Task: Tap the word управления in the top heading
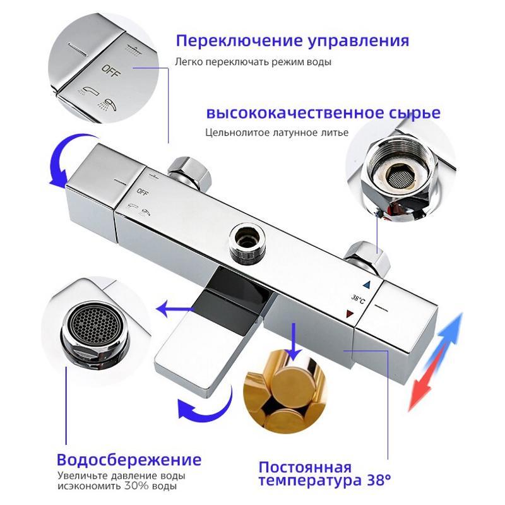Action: (359, 42)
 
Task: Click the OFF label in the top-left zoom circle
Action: (111, 72)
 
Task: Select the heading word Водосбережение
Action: (129, 460)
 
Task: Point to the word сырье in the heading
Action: (415, 113)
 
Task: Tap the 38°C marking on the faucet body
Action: (358, 299)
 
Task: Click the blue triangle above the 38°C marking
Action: (367, 285)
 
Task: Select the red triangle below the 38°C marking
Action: (349, 314)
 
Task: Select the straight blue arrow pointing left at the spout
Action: (175, 309)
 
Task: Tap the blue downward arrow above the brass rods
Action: (293, 342)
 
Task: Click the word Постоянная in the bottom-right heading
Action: (305, 467)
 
